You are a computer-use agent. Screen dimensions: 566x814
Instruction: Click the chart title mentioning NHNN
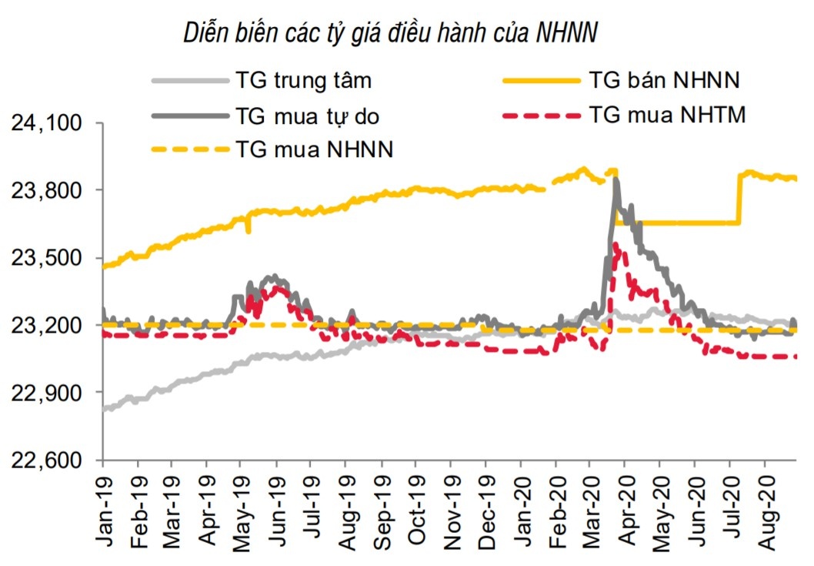391,33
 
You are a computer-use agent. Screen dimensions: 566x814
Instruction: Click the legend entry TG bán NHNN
663,79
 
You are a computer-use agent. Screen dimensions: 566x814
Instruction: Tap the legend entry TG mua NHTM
667,115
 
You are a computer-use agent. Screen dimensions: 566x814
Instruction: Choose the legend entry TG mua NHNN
315,149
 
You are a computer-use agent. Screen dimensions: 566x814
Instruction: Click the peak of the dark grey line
616,179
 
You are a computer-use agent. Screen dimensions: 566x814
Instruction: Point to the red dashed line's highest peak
616,243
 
